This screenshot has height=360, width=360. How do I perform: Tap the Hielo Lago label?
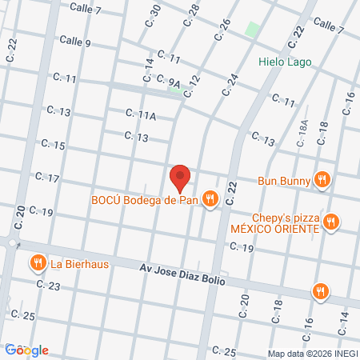(285, 62)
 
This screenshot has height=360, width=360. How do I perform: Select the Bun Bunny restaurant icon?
(322, 180)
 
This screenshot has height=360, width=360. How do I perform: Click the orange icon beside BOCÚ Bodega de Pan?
(210, 199)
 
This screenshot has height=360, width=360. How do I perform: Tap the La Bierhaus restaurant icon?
(37, 263)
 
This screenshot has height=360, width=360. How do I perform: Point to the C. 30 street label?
(154, 14)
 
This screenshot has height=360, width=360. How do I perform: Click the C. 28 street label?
(191, 14)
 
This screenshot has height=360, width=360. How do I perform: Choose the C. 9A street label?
(169, 81)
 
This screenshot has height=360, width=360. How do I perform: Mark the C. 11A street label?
(141, 116)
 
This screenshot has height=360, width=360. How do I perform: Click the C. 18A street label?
(302, 133)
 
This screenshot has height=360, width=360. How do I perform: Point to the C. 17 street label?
(46, 177)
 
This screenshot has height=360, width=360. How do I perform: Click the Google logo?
(26, 350)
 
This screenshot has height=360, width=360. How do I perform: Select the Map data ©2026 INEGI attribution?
(310, 353)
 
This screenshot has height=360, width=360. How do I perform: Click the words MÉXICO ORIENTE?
(275, 229)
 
